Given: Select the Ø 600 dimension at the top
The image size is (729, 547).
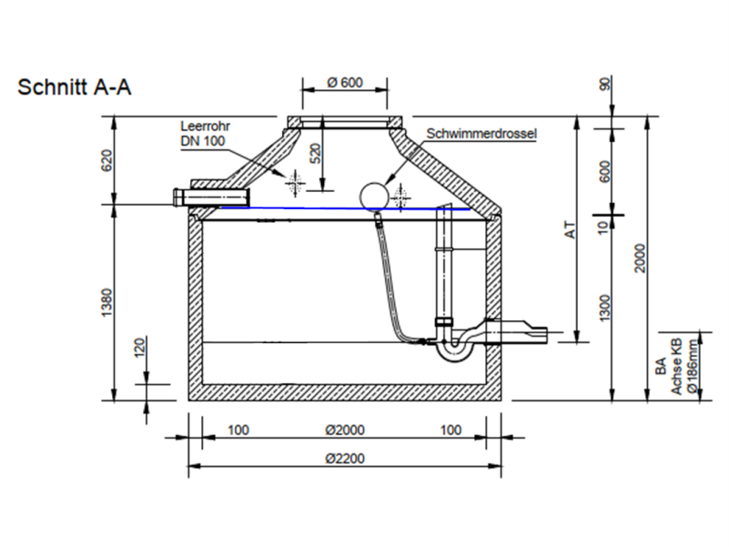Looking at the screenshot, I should click(345, 83).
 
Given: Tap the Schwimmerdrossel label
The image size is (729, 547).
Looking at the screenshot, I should click(481, 133).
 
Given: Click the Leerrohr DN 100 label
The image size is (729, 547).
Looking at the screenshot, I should click(201, 134).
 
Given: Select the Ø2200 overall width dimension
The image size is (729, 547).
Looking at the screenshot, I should click(344, 458).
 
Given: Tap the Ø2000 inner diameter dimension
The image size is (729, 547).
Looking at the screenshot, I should click(344, 430).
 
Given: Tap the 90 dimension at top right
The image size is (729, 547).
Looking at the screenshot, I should click(605, 85).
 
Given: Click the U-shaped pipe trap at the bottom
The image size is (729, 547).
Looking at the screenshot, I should click(455, 346).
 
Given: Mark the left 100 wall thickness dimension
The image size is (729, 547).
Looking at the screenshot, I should click(238, 430).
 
